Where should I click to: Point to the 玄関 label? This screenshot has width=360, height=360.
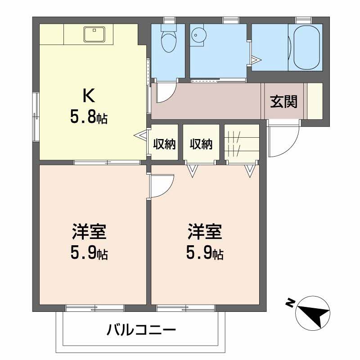[283, 102]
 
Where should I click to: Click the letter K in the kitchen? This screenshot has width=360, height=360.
[88, 95]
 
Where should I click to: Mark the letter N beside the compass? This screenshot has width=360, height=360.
[290, 303]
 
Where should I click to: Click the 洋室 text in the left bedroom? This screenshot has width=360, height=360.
[89, 233]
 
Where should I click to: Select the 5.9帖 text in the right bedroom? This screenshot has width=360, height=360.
[205, 254]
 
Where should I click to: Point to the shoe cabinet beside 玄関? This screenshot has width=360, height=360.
[315, 101]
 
